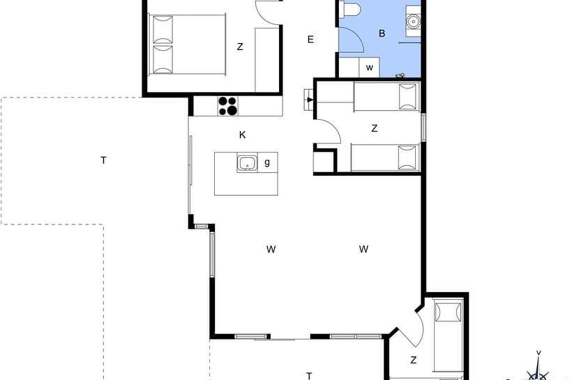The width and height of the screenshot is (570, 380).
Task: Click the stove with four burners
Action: click(x=228, y=106)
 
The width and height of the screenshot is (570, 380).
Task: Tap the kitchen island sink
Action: click(x=247, y=162)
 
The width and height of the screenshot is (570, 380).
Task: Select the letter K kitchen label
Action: click(x=243, y=135)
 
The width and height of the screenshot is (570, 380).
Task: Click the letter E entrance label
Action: click(x=311, y=39)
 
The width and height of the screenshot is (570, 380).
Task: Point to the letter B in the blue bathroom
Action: click(x=382, y=33)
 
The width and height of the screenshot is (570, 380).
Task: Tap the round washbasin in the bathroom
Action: click(x=413, y=22)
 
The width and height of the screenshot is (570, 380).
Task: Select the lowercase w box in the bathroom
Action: click(x=369, y=67)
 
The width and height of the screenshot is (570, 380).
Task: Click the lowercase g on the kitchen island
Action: click(x=267, y=162)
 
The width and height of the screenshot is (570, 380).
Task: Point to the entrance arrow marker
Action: click(x=310, y=100)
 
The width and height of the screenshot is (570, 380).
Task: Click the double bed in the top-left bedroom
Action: click(x=187, y=45)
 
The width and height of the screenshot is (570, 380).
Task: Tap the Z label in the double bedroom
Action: click(x=240, y=47)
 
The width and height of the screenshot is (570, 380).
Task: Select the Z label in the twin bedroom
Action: click(x=374, y=129)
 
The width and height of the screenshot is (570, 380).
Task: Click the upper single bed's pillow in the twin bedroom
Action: click(x=408, y=97)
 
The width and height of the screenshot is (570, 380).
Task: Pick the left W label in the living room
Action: click(x=271, y=249)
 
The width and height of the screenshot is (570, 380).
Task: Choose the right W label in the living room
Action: click(x=364, y=249)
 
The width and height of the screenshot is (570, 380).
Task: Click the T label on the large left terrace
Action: click(x=104, y=161)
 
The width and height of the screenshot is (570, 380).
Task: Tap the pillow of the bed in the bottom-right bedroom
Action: click(x=448, y=312)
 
